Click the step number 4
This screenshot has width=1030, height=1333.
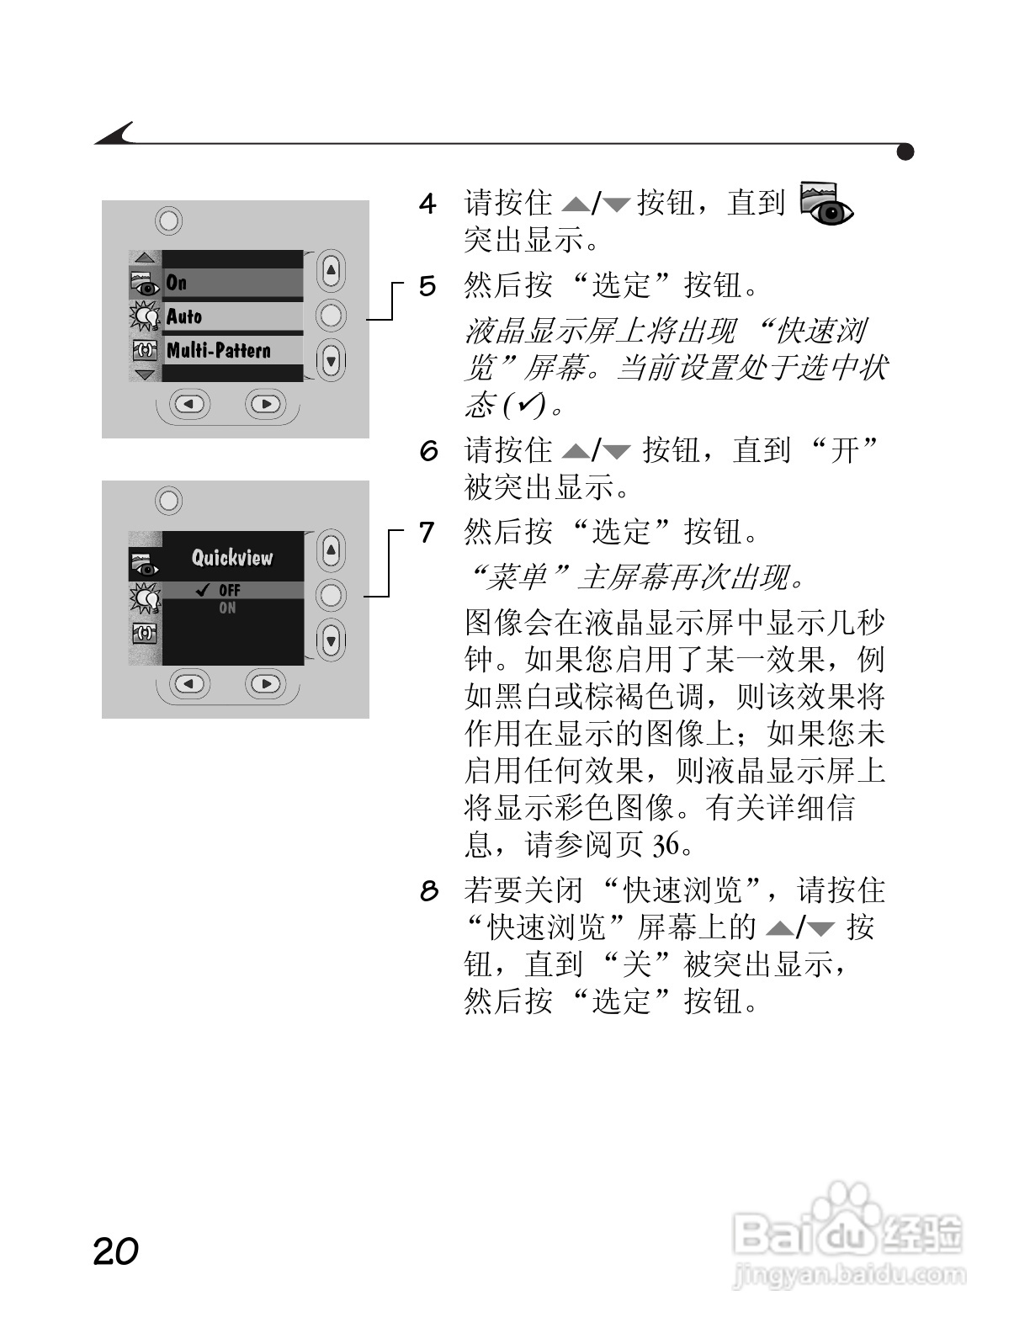(x=427, y=204)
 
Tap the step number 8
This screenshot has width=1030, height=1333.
(x=429, y=890)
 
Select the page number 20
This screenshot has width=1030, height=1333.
(x=115, y=1251)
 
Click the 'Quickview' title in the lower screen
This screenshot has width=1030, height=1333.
(x=232, y=557)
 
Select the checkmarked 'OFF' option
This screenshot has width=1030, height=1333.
(x=227, y=591)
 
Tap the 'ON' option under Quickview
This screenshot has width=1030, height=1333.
(x=227, y=608)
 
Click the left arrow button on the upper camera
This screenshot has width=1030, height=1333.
(x=189, y=404)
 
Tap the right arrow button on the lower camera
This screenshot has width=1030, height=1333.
(x=266, y=683)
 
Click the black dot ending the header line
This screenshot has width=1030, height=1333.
(x=905, y=151)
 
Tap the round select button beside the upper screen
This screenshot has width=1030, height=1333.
(x=331, y=316)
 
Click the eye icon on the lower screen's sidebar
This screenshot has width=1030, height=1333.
(x=145, y=563)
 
